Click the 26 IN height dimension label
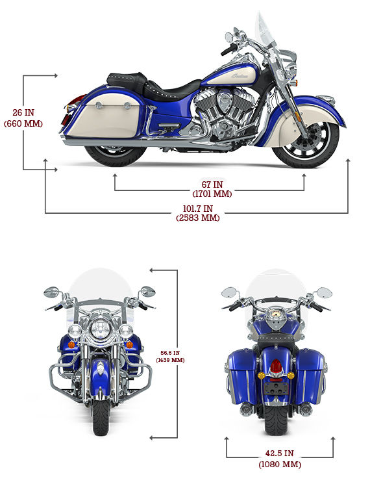23,118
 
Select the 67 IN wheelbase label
212,189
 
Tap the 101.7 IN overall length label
198,213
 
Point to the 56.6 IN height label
170,356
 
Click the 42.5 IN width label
280,459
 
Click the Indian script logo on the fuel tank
240,76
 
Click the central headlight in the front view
100,329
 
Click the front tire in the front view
101,417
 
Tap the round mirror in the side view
228,37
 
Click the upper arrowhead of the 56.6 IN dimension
152,270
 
